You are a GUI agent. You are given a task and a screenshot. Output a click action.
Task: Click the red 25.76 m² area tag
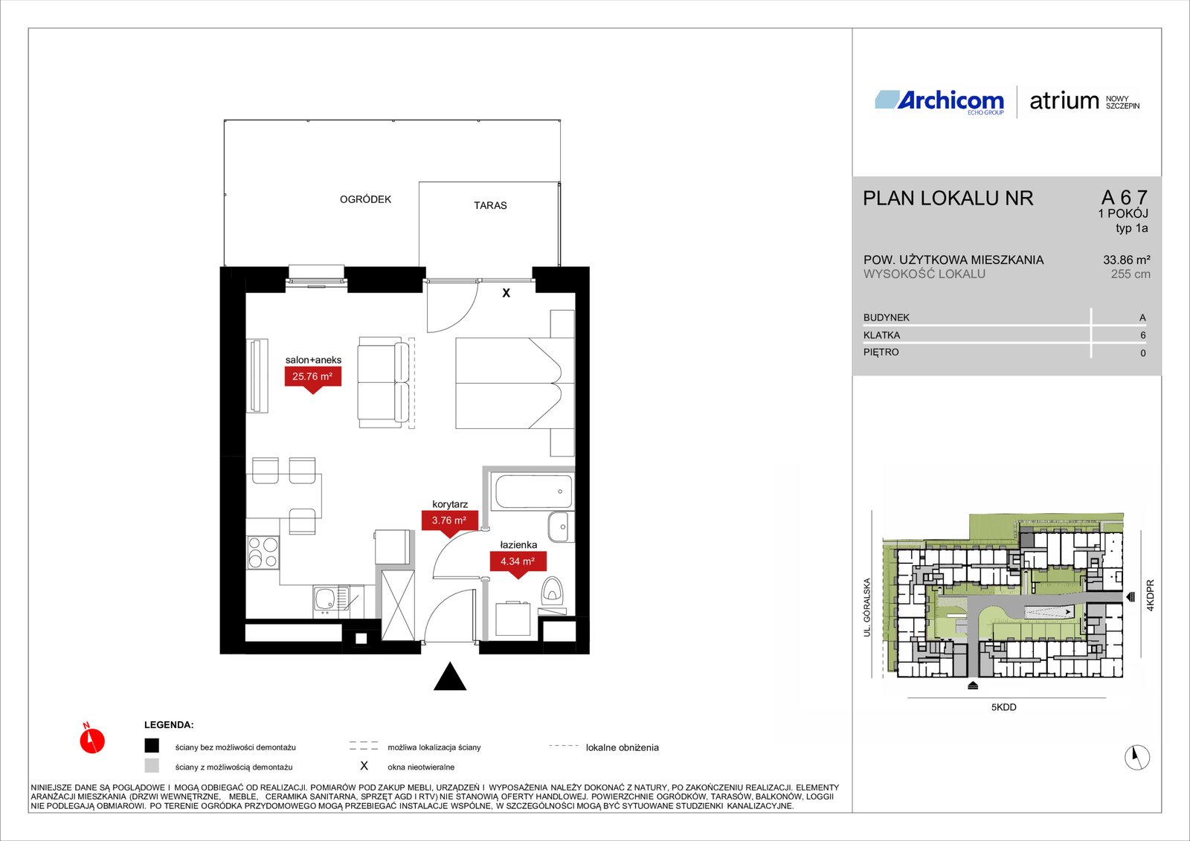[312, 378]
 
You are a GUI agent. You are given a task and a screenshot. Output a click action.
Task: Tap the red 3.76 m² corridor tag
[449, 522]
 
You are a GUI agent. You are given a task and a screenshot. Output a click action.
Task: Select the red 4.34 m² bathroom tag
[518, 562]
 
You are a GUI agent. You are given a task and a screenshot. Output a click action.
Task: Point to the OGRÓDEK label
[365, 199]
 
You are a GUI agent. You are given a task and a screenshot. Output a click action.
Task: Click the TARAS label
[490, 205]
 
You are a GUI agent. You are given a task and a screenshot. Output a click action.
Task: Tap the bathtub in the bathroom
[534, 492]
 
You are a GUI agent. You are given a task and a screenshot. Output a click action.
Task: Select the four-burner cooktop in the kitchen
[263, 552]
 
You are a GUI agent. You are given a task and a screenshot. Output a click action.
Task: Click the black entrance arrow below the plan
[450, 677]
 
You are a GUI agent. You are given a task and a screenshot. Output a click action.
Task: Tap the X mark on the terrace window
[506, 293]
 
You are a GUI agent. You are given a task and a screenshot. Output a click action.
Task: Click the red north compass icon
[92, 740]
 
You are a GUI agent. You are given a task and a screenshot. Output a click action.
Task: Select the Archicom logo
[939, 101]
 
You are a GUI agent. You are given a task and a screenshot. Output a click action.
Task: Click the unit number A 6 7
[1125, 198]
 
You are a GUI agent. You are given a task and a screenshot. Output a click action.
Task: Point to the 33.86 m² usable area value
[1127, 260]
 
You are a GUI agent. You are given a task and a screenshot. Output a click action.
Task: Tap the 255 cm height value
[1130, 274]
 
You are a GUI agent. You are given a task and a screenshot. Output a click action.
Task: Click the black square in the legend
[152, 746]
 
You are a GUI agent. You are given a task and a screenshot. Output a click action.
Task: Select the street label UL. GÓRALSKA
[867, 608]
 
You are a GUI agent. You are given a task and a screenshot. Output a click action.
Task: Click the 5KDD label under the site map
[1003, 707]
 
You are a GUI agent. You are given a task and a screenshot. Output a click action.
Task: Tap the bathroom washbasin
[561, 526]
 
